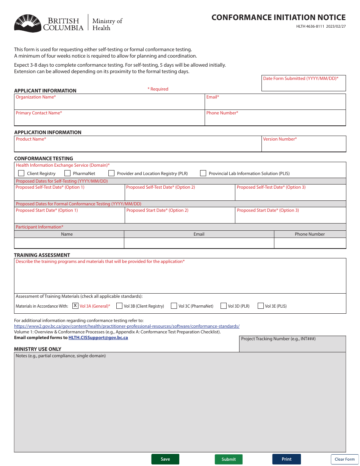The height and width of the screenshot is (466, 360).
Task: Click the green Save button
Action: (x=165, y=459)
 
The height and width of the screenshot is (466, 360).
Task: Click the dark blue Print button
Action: (x=286, y=459)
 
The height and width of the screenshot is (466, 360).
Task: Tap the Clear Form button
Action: (x=344, y=459)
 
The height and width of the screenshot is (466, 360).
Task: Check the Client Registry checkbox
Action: (x=21, y=173)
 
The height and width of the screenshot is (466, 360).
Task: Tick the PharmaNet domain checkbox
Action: (x=67, y=173)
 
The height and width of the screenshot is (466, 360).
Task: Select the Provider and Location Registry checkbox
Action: (x=111, y=173)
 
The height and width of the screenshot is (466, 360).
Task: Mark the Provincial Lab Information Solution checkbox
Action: (x=203, y=173)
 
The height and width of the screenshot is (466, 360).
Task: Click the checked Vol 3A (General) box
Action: (x=75, y=306)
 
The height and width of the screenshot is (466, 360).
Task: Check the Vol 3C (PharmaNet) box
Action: (x=174, y=306)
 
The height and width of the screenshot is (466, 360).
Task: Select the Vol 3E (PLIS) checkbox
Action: (x=261, y=306)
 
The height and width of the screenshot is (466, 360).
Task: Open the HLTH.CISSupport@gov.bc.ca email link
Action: (x=98, y=338)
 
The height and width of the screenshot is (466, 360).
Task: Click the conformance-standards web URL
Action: (x=127, y=326)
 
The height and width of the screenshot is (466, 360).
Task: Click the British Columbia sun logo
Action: (x=28, y=23)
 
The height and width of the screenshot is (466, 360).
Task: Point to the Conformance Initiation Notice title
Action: (x=279, y=17)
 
